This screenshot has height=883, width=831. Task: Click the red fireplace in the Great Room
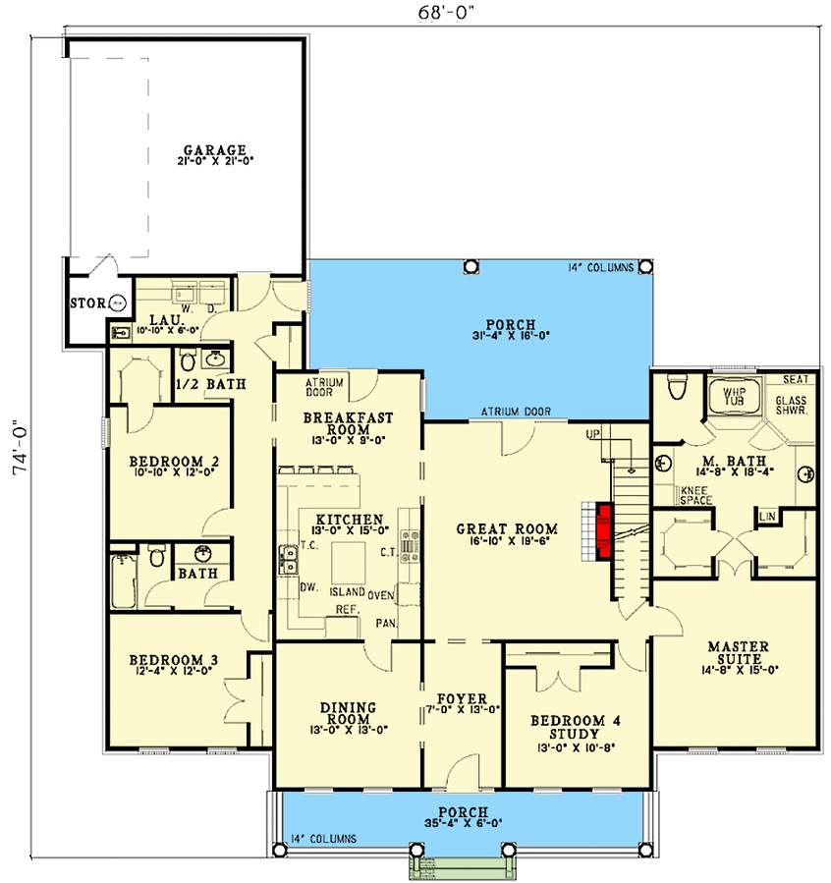click(604, 531)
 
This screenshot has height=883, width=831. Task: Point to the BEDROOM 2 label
click(173, 461)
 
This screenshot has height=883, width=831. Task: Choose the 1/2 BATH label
click(210, 383)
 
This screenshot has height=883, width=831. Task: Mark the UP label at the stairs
click(592, 434)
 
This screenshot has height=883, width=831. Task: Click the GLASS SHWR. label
click(791, 407)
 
